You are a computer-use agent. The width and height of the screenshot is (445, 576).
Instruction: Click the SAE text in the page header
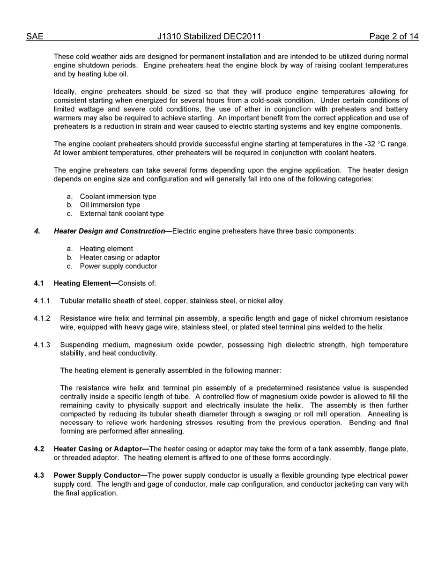pos(35,37)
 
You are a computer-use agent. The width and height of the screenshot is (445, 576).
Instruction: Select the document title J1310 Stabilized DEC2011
pos(209,37)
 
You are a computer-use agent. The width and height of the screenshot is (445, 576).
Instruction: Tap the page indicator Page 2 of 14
pos(393,37)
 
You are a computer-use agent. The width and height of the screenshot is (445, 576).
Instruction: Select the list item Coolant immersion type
pos(118,197)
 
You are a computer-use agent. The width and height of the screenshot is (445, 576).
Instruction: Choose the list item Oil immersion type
pos(110,205)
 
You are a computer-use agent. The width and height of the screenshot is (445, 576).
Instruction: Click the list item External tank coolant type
pos(122,214)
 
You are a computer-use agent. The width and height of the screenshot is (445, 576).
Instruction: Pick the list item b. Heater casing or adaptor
pos(119,258)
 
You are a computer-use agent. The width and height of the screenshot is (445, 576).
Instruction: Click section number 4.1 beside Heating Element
pos(39,283)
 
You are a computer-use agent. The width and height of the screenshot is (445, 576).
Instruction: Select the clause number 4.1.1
pos(42,301)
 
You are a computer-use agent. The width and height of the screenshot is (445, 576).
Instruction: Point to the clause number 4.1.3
pos(42,345)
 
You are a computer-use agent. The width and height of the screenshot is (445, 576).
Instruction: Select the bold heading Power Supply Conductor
pos(97,476)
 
